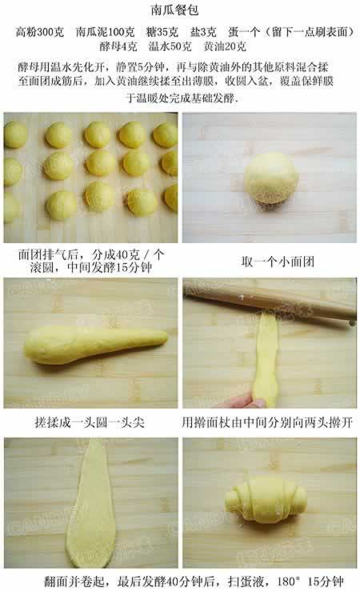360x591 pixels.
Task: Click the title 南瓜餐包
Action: click(174, 10)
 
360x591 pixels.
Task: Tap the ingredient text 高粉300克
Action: click(40, 32)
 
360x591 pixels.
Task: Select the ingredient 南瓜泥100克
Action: click(105, 32)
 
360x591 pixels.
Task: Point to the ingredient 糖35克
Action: click(162, 32)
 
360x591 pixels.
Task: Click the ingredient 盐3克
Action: click(203, 32)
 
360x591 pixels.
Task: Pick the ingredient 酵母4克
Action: click(118, 46)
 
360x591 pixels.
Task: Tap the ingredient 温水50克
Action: click(170, 46)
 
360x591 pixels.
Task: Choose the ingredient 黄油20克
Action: click(225, 46)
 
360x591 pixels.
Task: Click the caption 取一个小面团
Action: click(278, 262)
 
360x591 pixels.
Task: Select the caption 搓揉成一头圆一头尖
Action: click(90, 422)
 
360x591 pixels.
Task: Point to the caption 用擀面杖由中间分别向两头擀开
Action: click(267, 422)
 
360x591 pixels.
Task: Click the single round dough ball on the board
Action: click(271, 178)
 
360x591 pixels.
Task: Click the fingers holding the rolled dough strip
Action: click(242, 401)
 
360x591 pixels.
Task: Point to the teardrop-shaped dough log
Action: click(96, 345)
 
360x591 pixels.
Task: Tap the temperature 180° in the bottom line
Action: click(290, 581)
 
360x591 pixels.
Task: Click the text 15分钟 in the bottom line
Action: click(326, 581)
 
